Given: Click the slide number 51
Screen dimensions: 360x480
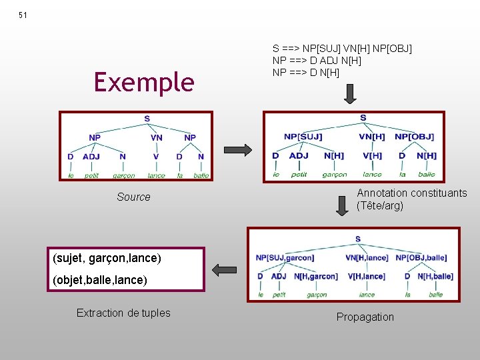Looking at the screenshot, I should tap(23, 15).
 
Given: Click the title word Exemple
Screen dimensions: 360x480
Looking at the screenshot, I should tap(144, 82).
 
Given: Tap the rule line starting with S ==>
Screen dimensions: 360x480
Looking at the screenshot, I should tap(342, 49).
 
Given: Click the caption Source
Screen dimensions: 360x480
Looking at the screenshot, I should tap(133, 197).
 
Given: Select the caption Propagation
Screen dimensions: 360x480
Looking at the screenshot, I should tap(365, 317).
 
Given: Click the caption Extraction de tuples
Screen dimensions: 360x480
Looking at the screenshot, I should tap(123, 313).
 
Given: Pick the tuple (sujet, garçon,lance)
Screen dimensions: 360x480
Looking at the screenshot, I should tap(105, 257).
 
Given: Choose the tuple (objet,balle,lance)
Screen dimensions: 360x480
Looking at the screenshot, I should tap(99, 280).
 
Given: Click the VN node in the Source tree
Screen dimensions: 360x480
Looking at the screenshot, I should tap(156, 138).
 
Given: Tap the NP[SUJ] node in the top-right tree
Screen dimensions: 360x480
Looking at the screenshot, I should tap(303, 137).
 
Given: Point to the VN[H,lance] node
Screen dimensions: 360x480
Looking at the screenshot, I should tap(367, 257).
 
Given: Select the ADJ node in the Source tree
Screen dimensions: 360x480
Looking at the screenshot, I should tap(91, 157).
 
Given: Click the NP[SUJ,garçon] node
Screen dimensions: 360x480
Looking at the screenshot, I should tap(285, 257).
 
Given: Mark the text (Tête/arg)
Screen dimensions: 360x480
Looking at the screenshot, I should tap(380, 206).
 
